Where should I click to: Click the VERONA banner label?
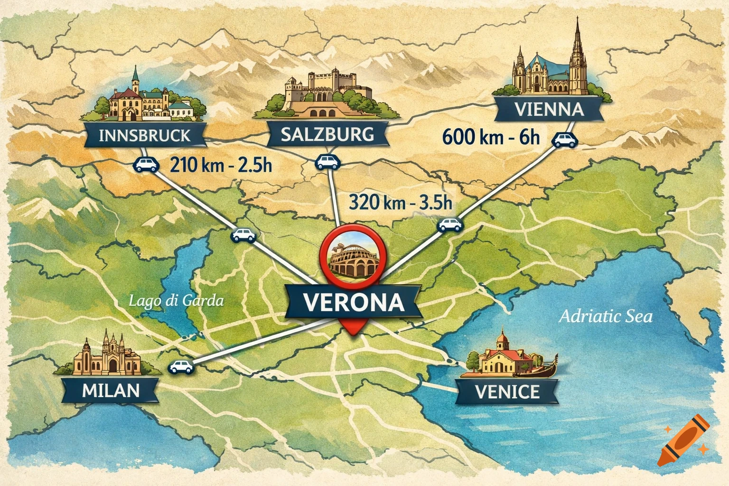(354, 302)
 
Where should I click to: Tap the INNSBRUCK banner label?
(144, 136)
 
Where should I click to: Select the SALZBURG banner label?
(327, 134)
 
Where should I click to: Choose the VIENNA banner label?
(549, 110)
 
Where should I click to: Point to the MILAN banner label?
(111, 390)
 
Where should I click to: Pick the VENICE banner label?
(507, 392)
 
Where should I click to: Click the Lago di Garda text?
(176, 300)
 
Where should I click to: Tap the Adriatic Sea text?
(606, 316)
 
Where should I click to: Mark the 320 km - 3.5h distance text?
(401, 202)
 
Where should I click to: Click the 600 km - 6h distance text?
(491, 137)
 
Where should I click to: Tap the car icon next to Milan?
(181, 367)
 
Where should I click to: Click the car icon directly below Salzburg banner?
(328, 161)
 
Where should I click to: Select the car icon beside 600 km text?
(565, 140)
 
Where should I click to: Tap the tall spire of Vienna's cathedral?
(578, 47)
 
